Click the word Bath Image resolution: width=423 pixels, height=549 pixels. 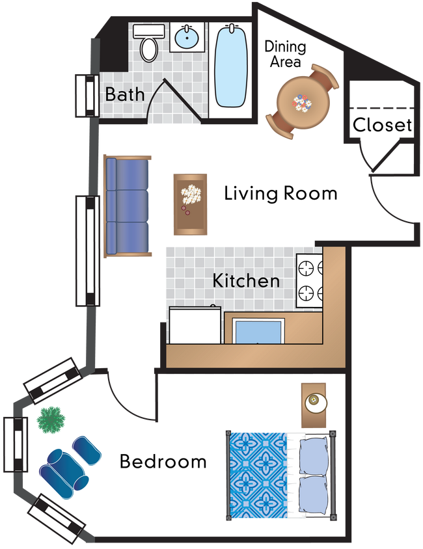click(125, 94)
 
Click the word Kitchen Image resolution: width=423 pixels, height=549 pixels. click(247, 281)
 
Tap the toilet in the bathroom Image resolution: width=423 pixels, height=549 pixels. click(149, 42)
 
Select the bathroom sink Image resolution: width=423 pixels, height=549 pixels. click(187, 37)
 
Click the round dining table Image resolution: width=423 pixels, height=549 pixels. click(301, 101)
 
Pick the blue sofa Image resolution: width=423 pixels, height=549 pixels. click(128, 206)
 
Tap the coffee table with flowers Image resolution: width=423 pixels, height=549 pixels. click(190, 204)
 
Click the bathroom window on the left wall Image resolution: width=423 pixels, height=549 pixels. click(86, 96)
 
